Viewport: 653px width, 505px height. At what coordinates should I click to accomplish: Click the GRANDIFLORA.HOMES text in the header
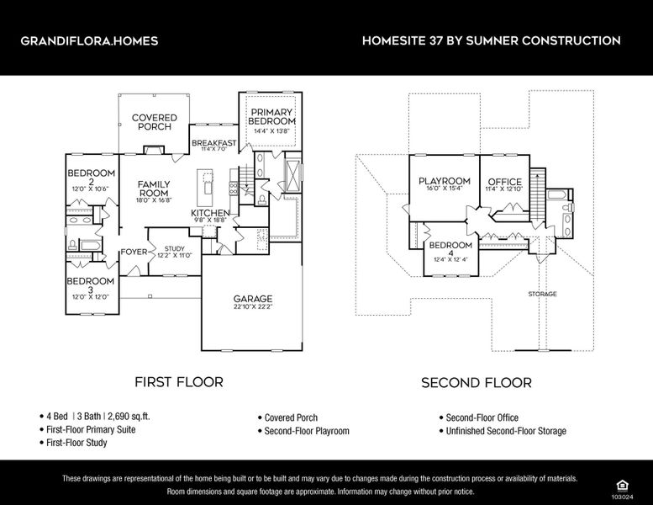(88, 40)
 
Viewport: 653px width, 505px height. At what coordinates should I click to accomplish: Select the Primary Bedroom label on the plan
(271, 117)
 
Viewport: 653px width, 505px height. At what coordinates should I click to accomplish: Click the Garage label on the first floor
(252, 299)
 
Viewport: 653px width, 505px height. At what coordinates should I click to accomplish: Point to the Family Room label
(154, 189)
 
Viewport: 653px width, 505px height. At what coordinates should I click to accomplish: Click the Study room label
(174, 248)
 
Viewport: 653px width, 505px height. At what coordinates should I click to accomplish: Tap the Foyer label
(134, 252)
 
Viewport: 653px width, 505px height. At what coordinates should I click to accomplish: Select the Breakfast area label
(213, 143)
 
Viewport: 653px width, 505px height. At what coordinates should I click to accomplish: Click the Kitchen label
(210, 213)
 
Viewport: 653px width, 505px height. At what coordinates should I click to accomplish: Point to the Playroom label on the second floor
(444, 181)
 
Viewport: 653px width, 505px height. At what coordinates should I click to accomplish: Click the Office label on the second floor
(504, 182)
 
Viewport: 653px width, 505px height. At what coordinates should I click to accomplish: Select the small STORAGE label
(542, 294)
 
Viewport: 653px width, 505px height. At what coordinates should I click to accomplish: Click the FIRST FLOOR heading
(179, 382)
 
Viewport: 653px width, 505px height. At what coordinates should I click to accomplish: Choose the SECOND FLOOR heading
(476, 382)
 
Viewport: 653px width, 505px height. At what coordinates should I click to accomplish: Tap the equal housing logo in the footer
(622, 484)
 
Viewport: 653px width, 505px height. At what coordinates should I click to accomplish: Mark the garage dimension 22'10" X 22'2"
(252, 308)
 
